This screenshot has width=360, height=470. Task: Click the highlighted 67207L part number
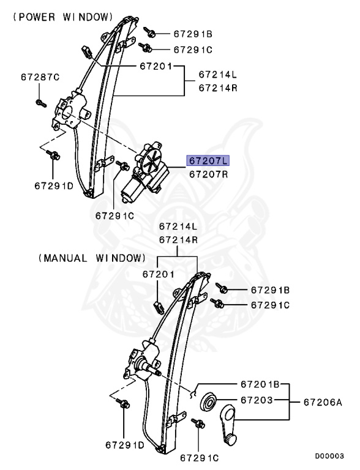coord(208,161)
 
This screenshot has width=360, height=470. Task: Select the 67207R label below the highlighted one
coord(208,174)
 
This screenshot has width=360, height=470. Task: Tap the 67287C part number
coord(40,77)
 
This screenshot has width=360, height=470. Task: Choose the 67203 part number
coord(257,400)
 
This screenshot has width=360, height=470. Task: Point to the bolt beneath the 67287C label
coord(40,102)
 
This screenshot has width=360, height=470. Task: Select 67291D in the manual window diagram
coord(124,445)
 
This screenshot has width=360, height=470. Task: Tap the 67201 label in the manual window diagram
coord(159,275)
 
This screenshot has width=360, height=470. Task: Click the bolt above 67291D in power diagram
coord(53,155)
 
